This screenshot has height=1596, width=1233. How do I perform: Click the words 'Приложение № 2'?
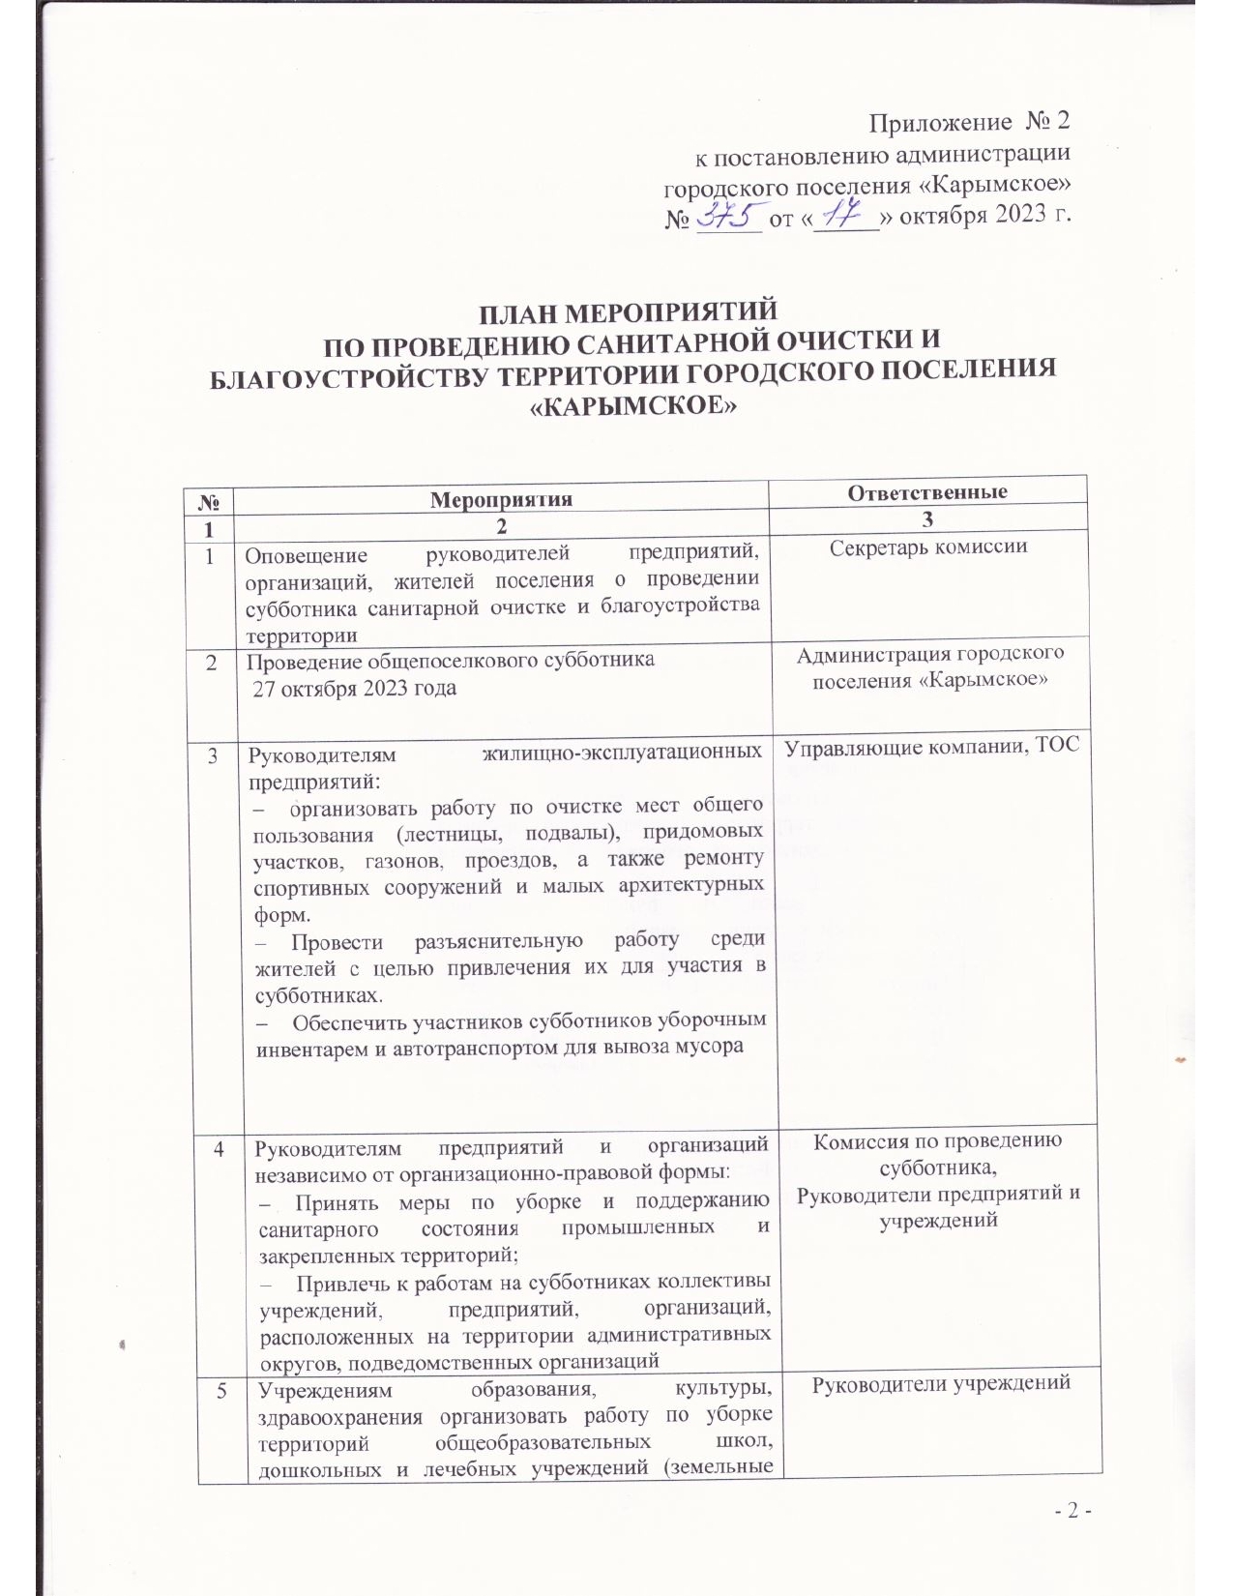tap(969, 124)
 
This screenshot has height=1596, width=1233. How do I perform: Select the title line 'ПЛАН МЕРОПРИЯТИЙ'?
tap(630, 313)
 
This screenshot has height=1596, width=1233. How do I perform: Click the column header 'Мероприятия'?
tap(501, 499)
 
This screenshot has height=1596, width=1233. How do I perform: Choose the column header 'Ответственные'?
tap(927, 491)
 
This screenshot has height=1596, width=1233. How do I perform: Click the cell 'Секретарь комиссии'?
tap(928, 547)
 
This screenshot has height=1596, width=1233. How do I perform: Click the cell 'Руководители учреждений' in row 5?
tap(940, 1383)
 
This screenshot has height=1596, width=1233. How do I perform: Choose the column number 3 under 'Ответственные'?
tap(927, 520)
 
